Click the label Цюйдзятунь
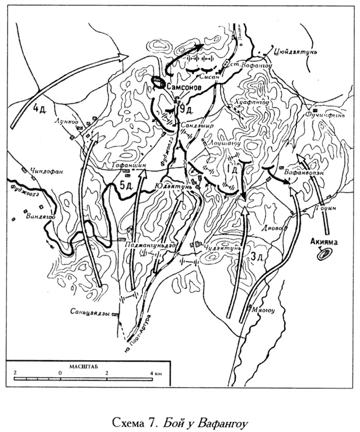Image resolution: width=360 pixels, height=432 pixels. coord(298,51)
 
